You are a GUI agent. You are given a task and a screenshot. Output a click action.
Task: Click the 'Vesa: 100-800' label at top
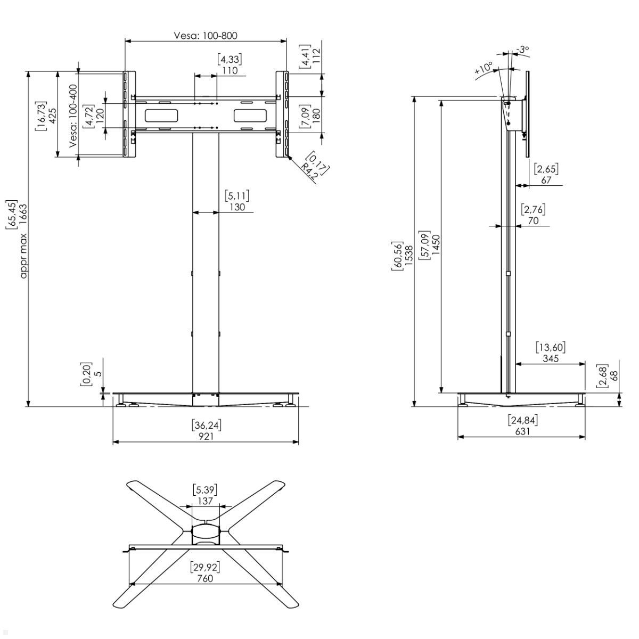tap(206, 36)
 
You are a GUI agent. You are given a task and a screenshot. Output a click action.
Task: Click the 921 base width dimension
tap(206, 436)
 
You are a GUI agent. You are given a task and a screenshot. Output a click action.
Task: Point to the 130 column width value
tap(237, 207)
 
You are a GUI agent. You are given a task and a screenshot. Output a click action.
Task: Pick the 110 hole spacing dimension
tap(230, 70)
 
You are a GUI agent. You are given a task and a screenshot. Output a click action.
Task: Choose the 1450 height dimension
tap(436, 245)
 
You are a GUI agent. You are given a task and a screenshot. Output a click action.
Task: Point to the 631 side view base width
tap(522, 431)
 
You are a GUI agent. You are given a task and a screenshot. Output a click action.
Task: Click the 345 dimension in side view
tap(551, 358)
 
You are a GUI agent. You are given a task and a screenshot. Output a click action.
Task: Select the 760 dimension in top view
tap(205, 578)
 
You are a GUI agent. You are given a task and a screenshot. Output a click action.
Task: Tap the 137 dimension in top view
tap(205, 501)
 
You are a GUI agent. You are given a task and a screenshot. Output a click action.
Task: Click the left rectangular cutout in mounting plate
tap(161, 115)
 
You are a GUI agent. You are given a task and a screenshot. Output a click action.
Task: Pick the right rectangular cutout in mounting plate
tap(250, 115)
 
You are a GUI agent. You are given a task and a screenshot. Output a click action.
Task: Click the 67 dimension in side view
tap(546, 180)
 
